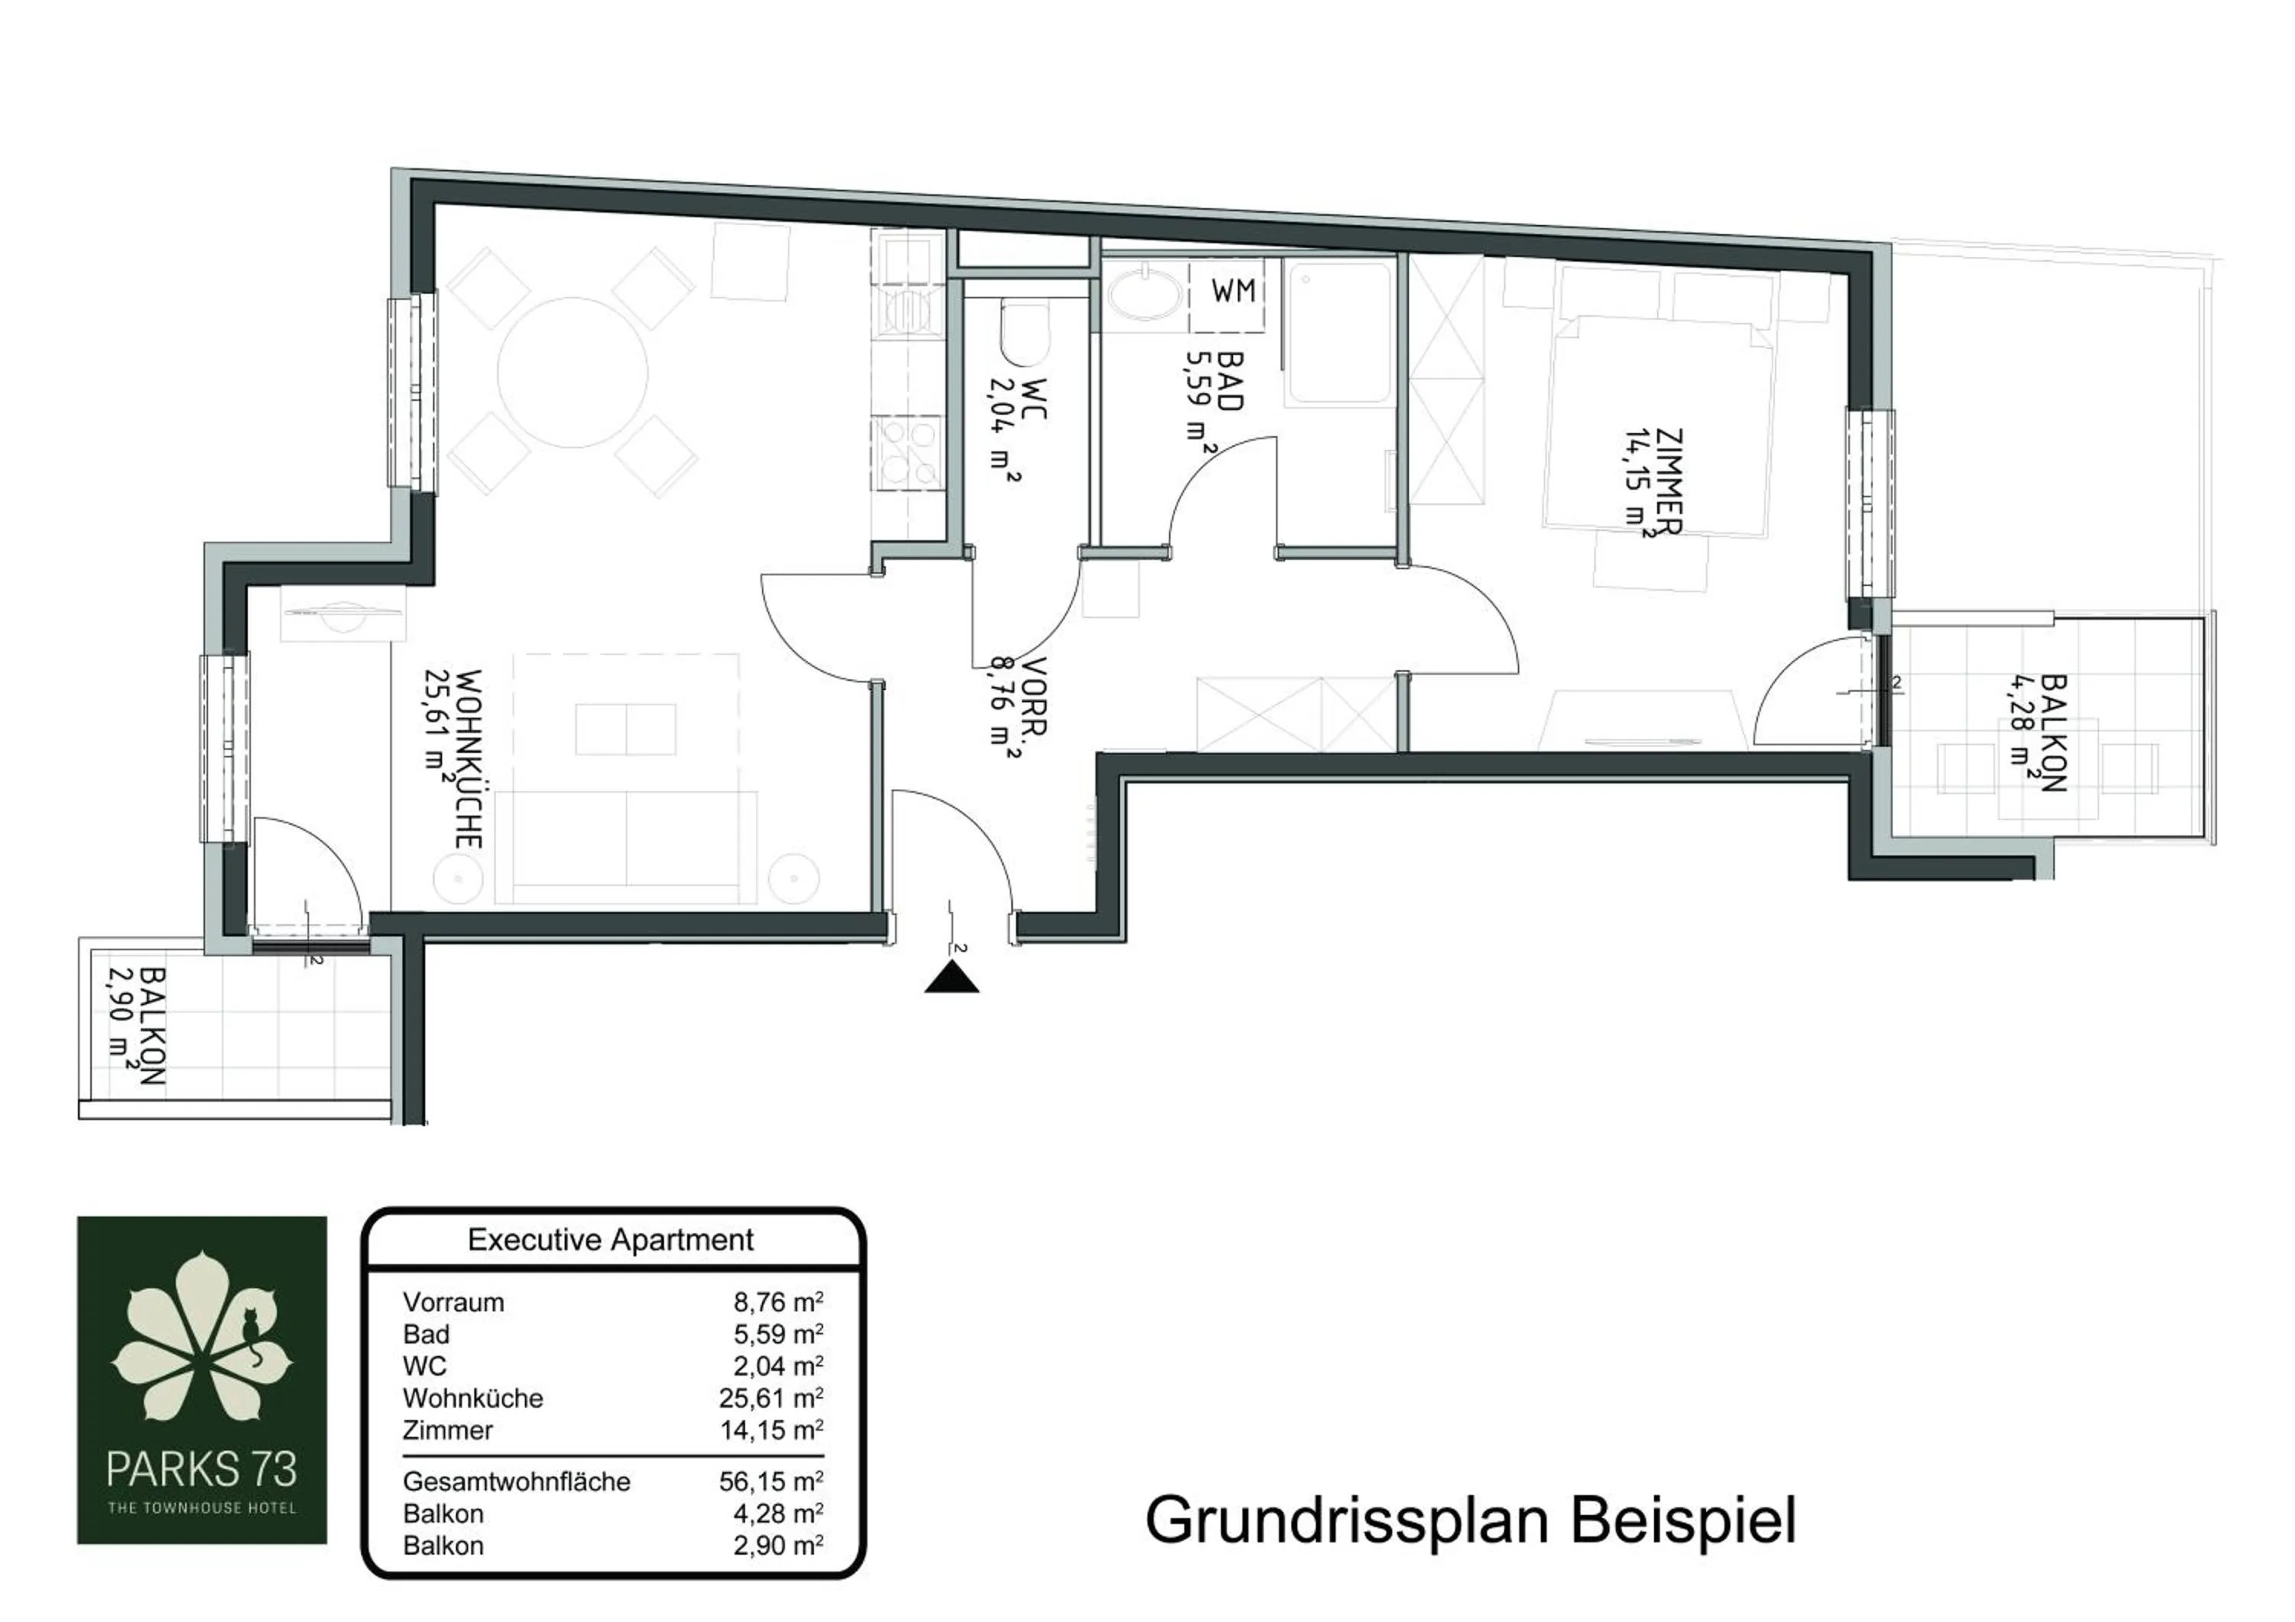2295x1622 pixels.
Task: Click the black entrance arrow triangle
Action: tap(952, 976)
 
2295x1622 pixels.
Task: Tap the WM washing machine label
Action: tap(1232, 291)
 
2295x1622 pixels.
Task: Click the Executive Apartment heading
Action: tap(610, 1240)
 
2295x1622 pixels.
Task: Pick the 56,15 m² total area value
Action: tap(770, 1481)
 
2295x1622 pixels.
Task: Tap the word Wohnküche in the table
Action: tap(473, 1398)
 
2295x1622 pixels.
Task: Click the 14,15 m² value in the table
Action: tap(770, 1430)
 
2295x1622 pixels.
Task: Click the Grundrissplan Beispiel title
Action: tap(1470, 1521)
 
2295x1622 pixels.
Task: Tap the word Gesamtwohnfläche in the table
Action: tap(516, 1481)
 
